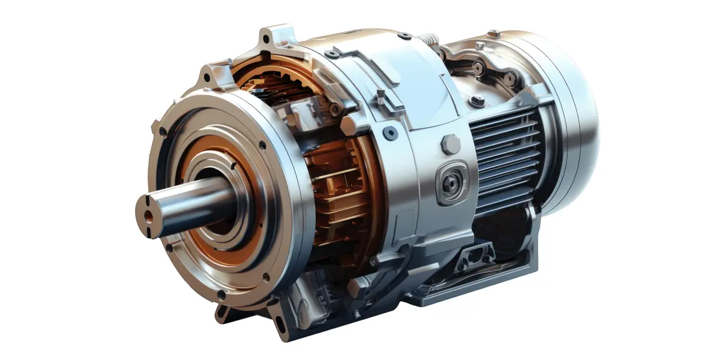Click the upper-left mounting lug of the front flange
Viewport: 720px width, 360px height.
click(210, 77)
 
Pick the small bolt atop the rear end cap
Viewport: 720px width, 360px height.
click(493, 33)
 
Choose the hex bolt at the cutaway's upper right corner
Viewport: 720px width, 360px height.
click(348, 125)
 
